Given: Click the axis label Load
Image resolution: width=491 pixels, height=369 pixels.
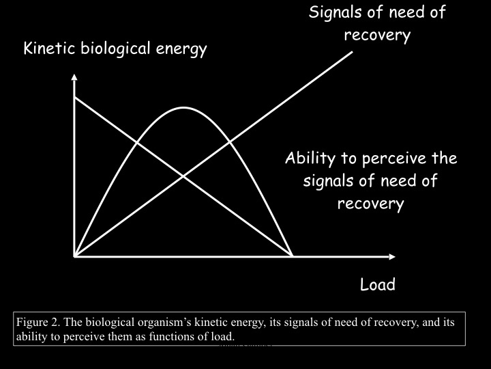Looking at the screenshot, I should pyautogui.click(x=377, y=284).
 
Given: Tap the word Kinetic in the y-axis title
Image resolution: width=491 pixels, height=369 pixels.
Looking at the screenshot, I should pyautogui.click(x=47, y=49).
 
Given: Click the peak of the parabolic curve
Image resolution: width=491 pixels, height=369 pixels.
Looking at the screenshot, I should pyautogui.click(x=183, y=108).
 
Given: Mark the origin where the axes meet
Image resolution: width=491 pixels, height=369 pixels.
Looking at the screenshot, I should pyautogui.click(x=74, y=256).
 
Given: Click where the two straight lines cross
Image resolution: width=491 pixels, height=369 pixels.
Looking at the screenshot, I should pyautogui.click(x=183, y=176).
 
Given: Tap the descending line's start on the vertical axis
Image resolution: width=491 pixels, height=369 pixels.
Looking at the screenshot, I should pyautogui.click(x=74, y=97).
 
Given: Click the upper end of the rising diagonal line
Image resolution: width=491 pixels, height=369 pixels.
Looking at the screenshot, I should pyautogui.click(x=353, y=52).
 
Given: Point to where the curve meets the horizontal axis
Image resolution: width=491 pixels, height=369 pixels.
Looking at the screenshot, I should pyautogui.click(x=293, y=256).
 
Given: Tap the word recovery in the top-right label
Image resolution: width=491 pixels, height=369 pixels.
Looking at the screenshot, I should pyautogui.click(x=377, y=35).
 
